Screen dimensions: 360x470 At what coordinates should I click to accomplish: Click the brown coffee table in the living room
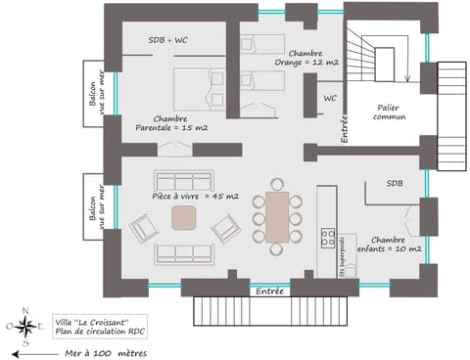[185, 218]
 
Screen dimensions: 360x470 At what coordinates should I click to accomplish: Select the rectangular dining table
[277, 216]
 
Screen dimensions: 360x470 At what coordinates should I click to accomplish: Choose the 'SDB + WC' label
[168, 39]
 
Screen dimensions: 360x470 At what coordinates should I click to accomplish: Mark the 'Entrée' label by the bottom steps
[269, 291]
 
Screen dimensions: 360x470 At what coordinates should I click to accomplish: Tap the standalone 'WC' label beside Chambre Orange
[330, 98]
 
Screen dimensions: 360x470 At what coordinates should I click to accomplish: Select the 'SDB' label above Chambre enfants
[395, 183]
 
